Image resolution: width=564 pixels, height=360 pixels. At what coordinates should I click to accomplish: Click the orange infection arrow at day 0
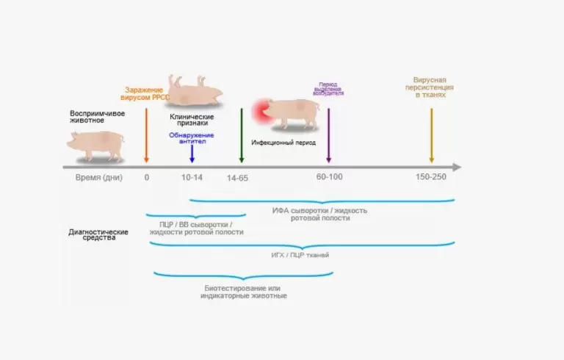click(146, 135)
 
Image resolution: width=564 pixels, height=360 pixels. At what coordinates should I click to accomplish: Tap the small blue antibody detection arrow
click(192, 154)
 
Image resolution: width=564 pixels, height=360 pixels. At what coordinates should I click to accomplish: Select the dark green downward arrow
click(242, 135)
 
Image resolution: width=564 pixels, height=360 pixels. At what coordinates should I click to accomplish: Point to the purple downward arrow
click(328, 135)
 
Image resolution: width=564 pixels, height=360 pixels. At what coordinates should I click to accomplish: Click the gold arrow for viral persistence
click(432, 135)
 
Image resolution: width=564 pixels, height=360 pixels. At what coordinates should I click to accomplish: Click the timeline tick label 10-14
click(192, 177)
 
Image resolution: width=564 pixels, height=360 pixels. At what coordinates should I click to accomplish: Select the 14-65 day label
click(237, 178)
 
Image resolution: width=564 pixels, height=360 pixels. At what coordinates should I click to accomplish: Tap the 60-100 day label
click(330, 177)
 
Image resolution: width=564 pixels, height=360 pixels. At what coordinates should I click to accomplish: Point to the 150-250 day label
click(431, 177)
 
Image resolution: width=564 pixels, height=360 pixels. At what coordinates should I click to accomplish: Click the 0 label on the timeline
click(147, 178)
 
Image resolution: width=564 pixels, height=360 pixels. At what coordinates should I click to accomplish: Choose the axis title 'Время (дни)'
click(99, 178)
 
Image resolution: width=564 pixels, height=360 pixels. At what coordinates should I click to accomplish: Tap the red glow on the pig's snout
click(261, 112)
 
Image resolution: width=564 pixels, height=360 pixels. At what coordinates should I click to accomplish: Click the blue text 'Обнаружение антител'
click(192, 138)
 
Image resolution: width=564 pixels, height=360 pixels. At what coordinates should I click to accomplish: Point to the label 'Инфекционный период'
click(283, 143)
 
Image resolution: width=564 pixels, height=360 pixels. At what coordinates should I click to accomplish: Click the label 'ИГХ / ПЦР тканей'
click(300, 255)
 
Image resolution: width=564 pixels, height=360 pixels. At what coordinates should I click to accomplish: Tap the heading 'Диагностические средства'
click(98, 234)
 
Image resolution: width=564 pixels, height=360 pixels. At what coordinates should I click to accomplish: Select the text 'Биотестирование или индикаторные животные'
click(244, 292)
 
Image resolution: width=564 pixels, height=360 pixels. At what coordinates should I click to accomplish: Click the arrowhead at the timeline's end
click(457, 167)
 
